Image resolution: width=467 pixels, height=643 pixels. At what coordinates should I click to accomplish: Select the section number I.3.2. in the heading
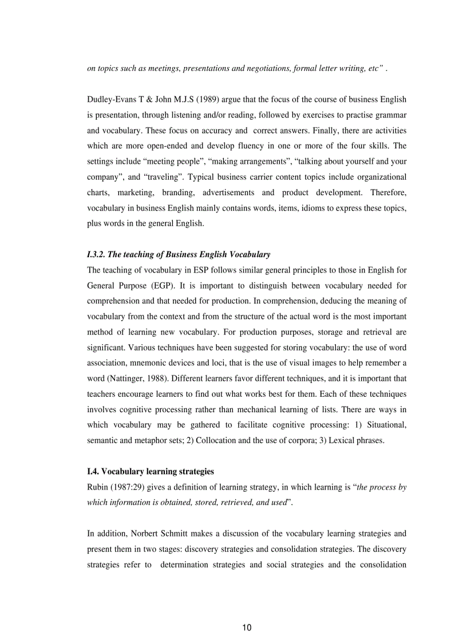coord(98,254)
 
